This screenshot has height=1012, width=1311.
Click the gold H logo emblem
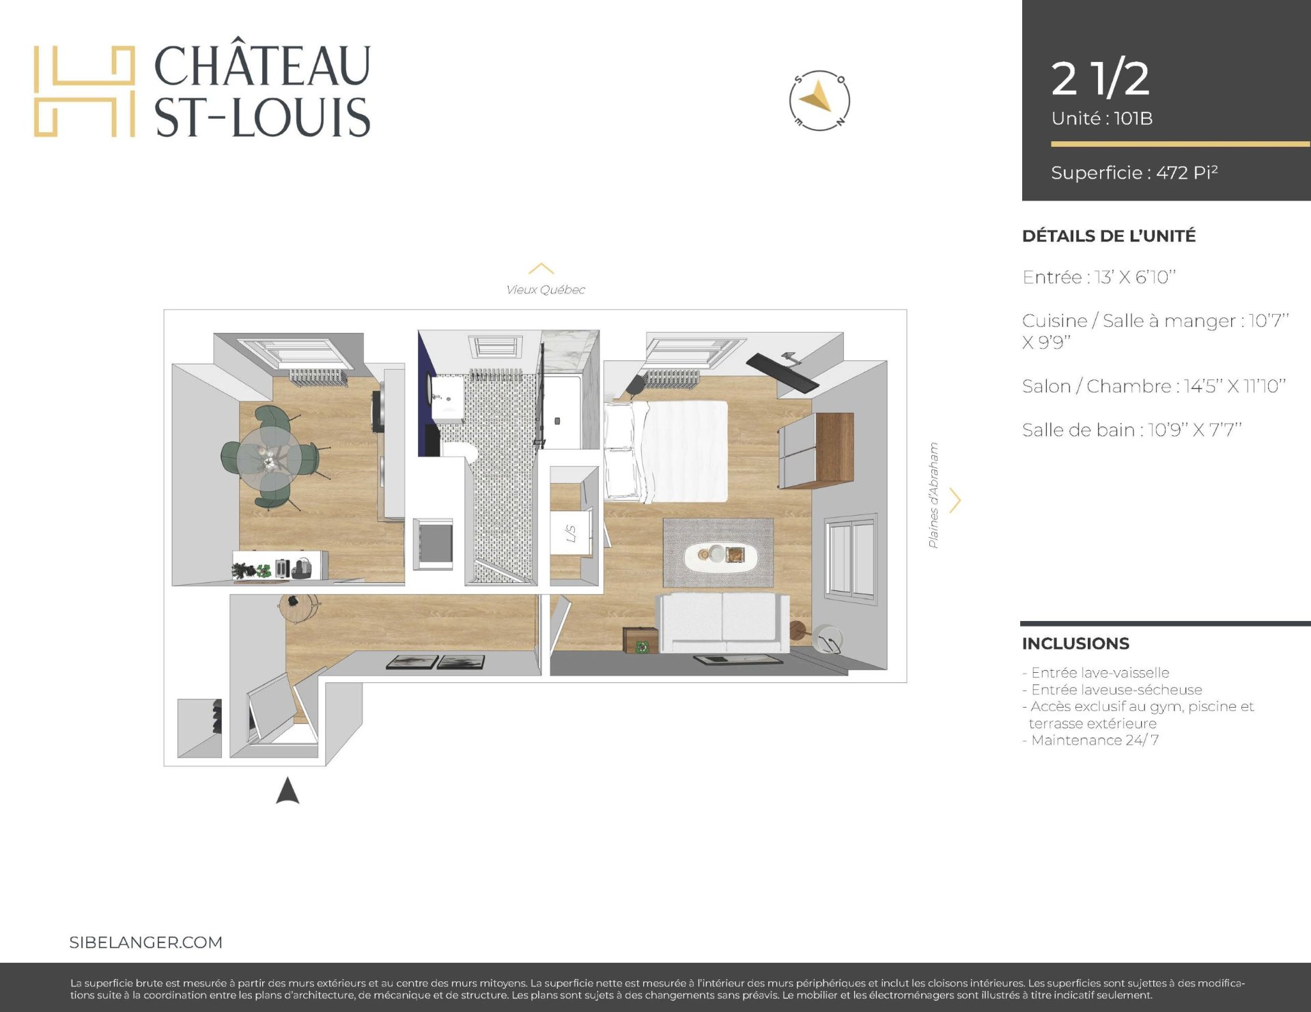84,91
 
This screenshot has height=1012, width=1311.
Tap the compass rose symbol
819,100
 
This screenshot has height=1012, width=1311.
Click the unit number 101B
1133,119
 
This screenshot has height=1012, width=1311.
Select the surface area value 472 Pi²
1187,173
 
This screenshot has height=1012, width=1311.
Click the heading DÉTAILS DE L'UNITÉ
1109,236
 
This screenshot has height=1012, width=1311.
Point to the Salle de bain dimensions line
1131,430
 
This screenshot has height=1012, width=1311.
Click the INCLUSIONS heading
1075,644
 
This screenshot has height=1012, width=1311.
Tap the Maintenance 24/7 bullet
1090,740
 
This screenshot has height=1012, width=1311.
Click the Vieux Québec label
546,290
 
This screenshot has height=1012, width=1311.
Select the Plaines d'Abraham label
933,495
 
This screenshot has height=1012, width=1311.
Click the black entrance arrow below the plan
287,790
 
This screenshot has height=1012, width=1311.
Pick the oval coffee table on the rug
720,555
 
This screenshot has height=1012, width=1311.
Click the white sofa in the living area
722,622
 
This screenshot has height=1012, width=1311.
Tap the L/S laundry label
571,534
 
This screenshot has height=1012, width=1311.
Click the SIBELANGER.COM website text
146,942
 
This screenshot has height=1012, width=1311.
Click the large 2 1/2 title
1100,78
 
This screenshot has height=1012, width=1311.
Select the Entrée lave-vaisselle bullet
1096,673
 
